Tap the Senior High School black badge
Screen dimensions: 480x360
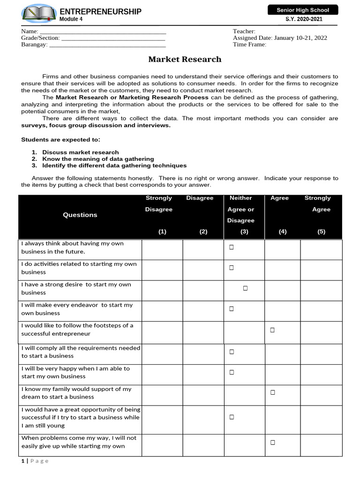coord(302,10)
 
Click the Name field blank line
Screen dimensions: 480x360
coord(102,31)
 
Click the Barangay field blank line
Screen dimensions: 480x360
coord(107,45)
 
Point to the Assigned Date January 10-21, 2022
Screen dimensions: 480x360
coord(280,38)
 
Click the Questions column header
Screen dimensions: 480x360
coord(80,215)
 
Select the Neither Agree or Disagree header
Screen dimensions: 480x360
coord(240,209)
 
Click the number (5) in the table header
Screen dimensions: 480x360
coord(321,232)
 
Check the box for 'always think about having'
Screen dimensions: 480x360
coord(232,247)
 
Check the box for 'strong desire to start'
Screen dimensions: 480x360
coord(245,288)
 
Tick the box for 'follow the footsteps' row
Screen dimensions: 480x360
coord(272,330)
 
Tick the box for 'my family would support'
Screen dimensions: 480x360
coord(272,392)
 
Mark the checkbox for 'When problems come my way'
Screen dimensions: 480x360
coord(272,442)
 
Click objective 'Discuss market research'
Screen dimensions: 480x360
coord(80,152)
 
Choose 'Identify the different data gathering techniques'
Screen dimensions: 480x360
coord(114,165)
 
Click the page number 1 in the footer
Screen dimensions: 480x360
coord(22,461)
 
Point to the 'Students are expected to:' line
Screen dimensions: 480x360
coord(60,139)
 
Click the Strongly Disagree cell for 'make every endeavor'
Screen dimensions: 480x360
coord(162,309)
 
